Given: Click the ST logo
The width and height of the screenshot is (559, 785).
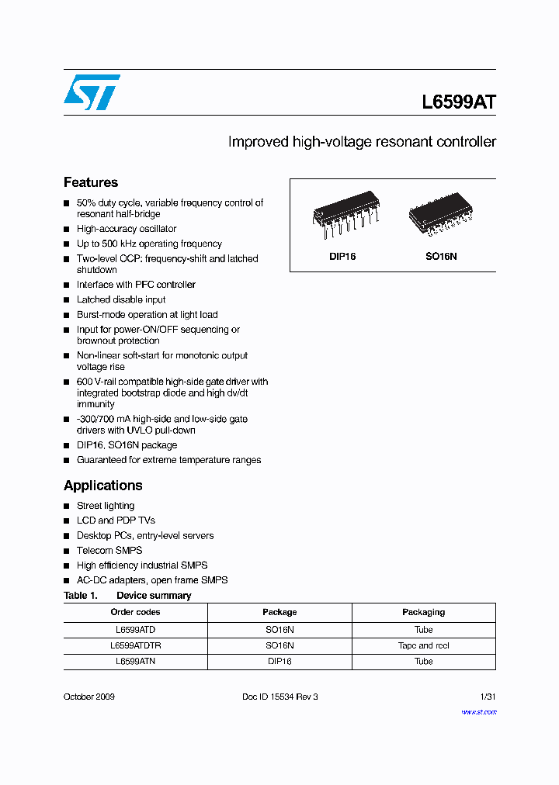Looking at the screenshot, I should click(92, 92).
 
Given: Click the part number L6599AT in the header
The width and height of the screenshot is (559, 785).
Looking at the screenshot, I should click(458, 102).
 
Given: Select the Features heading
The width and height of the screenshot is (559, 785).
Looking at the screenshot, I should click(91, 182).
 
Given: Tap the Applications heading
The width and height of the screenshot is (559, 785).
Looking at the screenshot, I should click(102, 486).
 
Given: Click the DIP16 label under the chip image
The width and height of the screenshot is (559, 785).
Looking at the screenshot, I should click(342, 256).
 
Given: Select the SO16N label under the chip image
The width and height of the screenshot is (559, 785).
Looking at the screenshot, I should click(442, 256).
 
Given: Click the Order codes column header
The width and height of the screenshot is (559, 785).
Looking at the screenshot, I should click(135, 612).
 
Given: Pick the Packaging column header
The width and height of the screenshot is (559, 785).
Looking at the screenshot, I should click(423, 612).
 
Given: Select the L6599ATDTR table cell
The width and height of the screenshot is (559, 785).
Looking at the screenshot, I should click(135, 645).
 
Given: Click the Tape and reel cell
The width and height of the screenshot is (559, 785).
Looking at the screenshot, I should click(423, 645).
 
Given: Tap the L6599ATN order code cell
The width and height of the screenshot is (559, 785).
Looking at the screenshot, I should click(135, 661).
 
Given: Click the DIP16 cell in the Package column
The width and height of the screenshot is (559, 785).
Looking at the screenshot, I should click(279, 661).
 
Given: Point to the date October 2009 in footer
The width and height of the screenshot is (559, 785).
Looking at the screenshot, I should click(89, 697).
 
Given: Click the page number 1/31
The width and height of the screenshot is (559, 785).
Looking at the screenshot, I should click(488, 697).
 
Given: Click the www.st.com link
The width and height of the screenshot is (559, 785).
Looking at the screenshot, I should click(478, 711).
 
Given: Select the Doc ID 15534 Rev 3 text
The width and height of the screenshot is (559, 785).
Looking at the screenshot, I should click(280, 697).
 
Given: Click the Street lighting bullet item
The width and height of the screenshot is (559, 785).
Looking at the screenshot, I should click(106, 506).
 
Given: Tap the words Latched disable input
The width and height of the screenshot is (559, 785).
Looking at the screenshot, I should click(121, 299).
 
